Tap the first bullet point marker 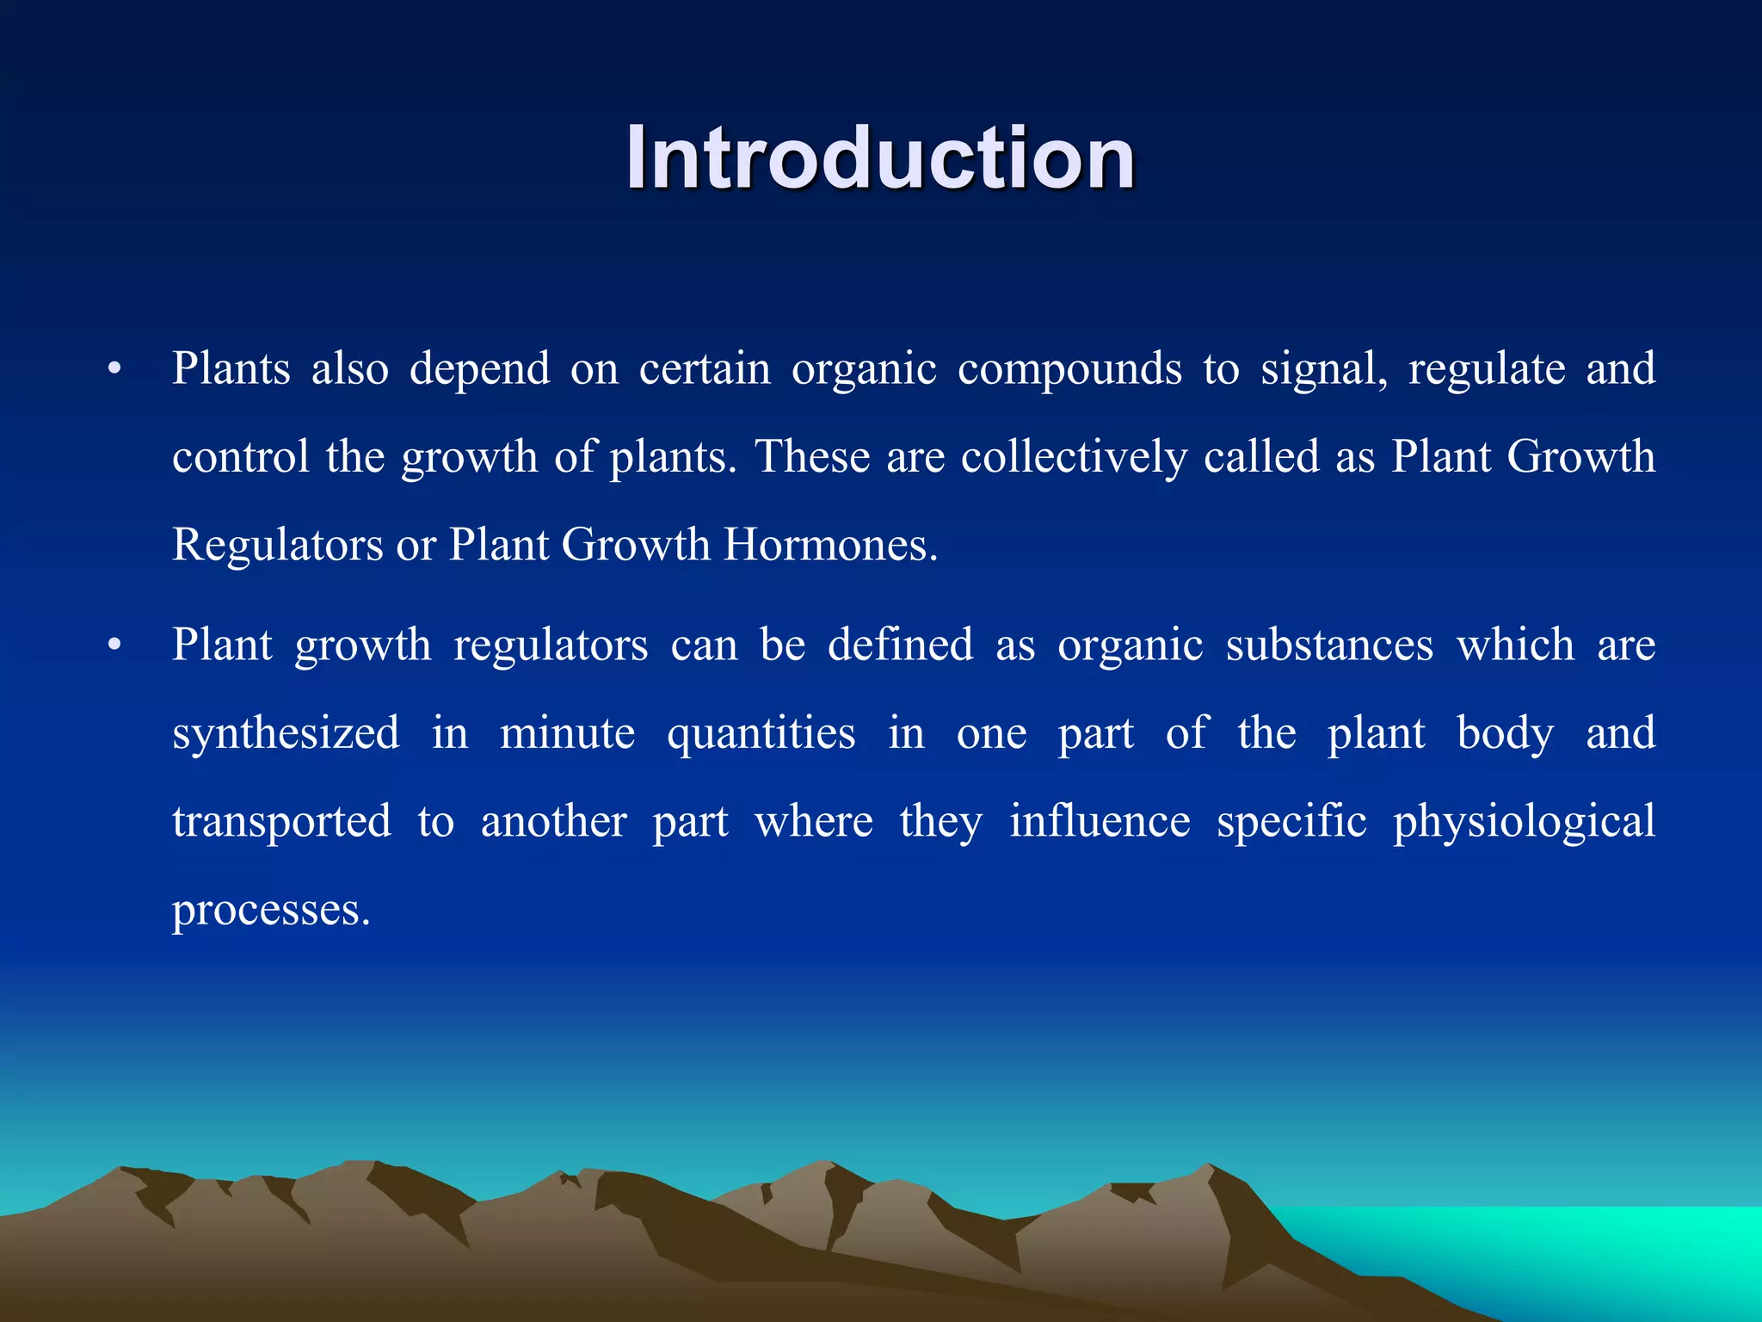point(114,370)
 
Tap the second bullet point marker point(114,646)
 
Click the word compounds point(1069,370)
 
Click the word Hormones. point(829,545)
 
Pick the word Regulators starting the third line point(277,545)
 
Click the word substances point(1329,646)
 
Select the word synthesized point(286,734)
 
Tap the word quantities point(761,734)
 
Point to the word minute point(567,734)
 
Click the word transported point(281,822)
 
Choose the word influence point(1100,821)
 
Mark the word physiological point(1524,823)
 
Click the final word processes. point(271,911)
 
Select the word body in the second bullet point(1505,734)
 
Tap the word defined point(900,646)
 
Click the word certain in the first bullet point(705,369)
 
